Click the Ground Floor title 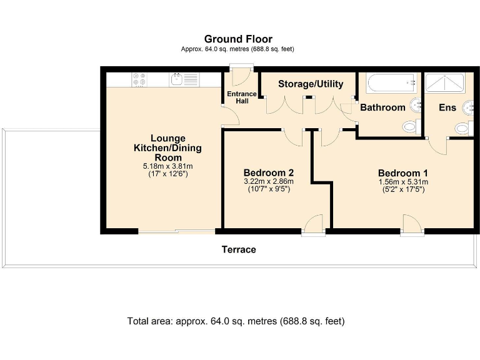point(238,39)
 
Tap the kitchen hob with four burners point(139,79)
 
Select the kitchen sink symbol point(177,79)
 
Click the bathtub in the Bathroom point(391,83)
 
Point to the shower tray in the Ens point(445,82)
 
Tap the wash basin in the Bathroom point(416,106)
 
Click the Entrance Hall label point(242,97)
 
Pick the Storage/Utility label point(311,84)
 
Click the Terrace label point(239,249)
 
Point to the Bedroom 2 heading point(269,172)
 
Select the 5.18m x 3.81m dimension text point(167,166)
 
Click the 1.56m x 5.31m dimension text point(404,182)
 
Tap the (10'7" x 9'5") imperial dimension point(269,189)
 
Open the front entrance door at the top point(241,75)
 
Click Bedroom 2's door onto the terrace point(313,225)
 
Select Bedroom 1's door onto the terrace point(412,225)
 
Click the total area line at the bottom point(236,321)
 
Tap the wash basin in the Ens point(468,107)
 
